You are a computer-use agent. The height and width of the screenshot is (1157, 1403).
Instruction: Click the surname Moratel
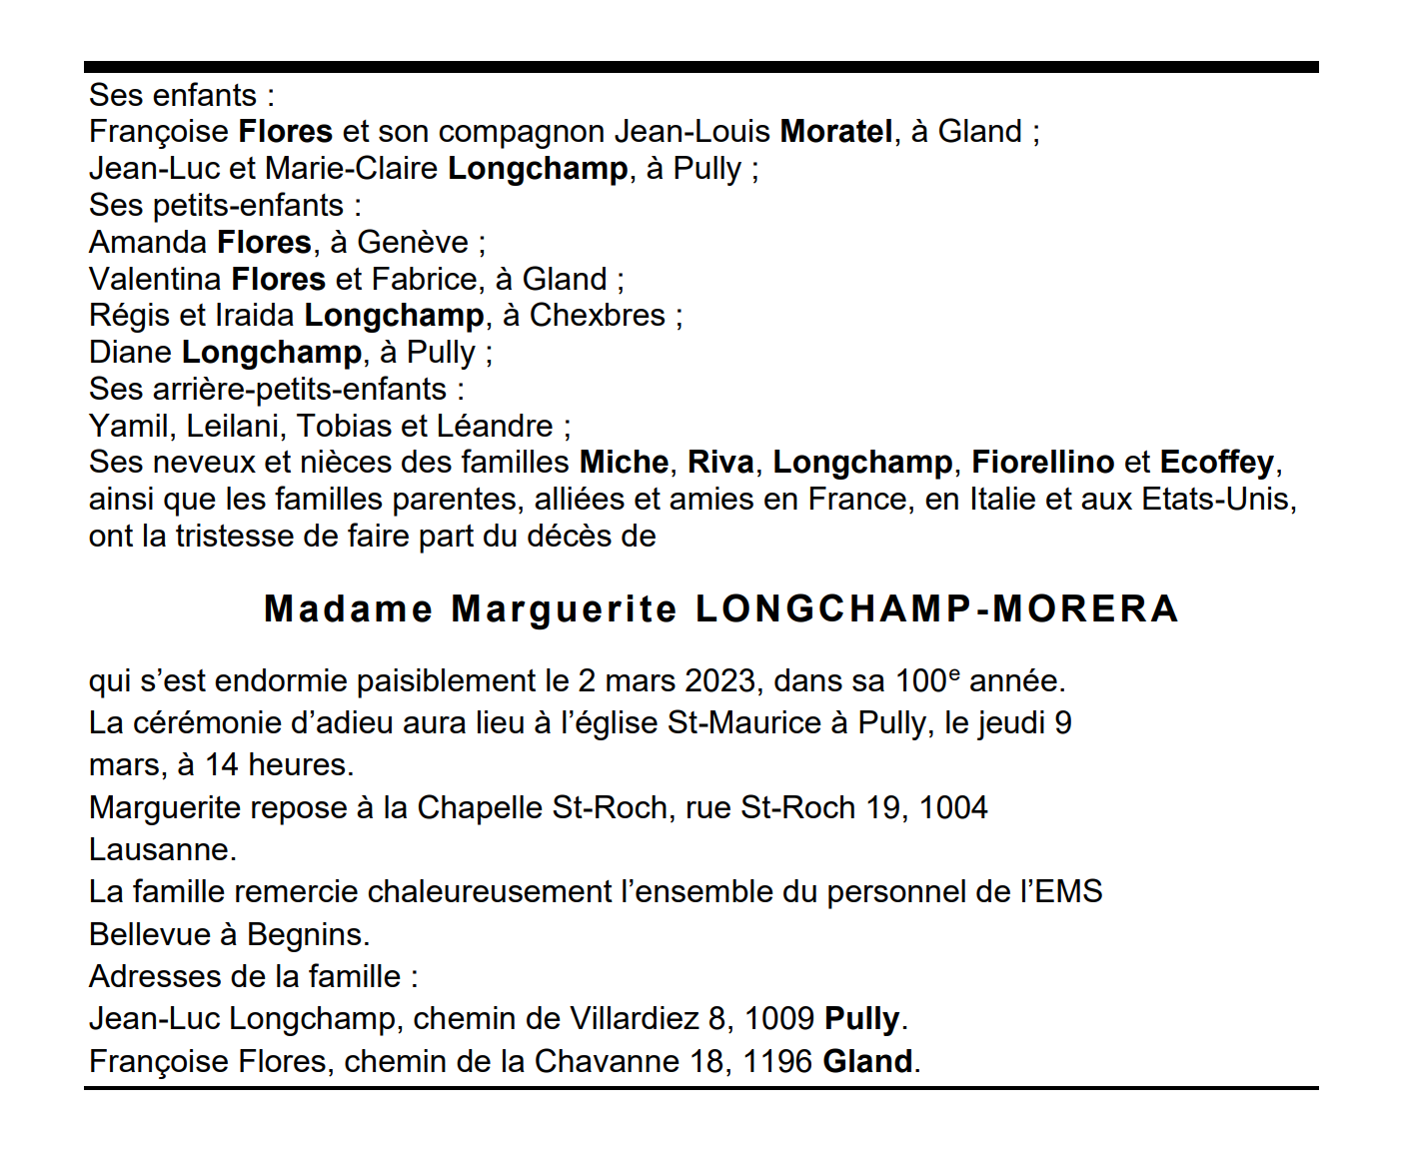click(x=836, y=132)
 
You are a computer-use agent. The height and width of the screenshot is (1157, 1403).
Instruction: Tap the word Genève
click(x=413, y=243)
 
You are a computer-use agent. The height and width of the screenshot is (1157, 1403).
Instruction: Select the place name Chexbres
click(x=597, y=316)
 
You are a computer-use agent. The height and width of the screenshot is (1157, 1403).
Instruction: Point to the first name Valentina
click(x=155, y=280)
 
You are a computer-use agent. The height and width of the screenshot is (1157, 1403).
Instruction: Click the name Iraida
click(x=254, y=316)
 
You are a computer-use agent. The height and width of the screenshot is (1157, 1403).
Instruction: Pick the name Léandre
click(x=495, y=427)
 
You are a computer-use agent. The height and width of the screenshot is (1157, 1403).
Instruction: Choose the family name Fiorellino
click(x=1042, y=463)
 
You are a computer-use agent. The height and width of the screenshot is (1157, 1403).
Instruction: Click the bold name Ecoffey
click(x=1216, y=463)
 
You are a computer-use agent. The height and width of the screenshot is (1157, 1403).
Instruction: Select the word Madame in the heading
click(x=348, y=609)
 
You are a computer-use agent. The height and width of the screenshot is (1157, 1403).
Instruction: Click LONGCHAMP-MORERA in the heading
click(x=937, y=609)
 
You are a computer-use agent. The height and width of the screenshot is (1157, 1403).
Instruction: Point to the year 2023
click(x=719, y=681)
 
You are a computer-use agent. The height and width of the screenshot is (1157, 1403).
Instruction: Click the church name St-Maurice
click(x=743, y=723)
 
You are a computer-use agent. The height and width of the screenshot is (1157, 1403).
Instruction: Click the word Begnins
click(x=308, y=935)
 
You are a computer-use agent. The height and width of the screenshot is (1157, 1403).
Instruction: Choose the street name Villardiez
click(x=634, y=1019)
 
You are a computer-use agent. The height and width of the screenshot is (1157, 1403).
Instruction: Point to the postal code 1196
click(x=776, y=1062)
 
